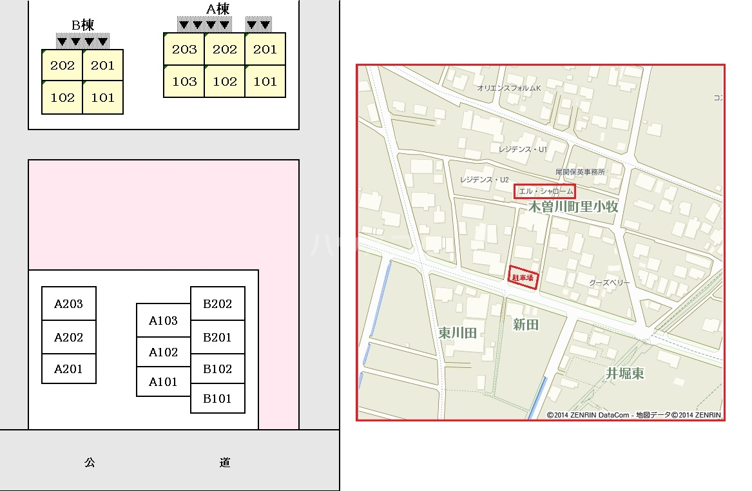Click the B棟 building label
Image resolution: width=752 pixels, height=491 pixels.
point(82,25)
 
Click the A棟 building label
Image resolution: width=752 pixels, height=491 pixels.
point(218,9)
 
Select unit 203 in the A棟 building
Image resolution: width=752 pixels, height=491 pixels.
point(184,50)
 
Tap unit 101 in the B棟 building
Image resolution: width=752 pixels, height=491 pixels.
point(102,98)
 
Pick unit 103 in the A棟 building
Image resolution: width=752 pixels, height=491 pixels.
point(184,82)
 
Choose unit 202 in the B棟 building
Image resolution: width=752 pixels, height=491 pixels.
point(63,66)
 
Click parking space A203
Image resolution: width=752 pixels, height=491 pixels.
point(68,304)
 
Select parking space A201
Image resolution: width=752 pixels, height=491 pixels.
point(68,369)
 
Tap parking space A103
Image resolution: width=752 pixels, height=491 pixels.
point(163,320)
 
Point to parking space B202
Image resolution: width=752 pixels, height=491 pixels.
point(217,304)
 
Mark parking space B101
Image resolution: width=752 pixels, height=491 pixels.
point(217,398)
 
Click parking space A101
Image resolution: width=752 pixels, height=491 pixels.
point(163,381)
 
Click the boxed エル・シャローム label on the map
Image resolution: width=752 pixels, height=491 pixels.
point(545,191)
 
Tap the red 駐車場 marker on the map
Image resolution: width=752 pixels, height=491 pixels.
point(523,278)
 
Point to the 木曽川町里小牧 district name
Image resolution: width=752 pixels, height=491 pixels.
point(573,207)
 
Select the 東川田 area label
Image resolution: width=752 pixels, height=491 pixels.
point(458,332)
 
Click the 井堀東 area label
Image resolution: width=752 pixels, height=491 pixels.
point(624,373)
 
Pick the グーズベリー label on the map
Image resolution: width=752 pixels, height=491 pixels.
point(610,283)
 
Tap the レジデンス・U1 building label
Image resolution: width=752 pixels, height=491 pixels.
point(522,149)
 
